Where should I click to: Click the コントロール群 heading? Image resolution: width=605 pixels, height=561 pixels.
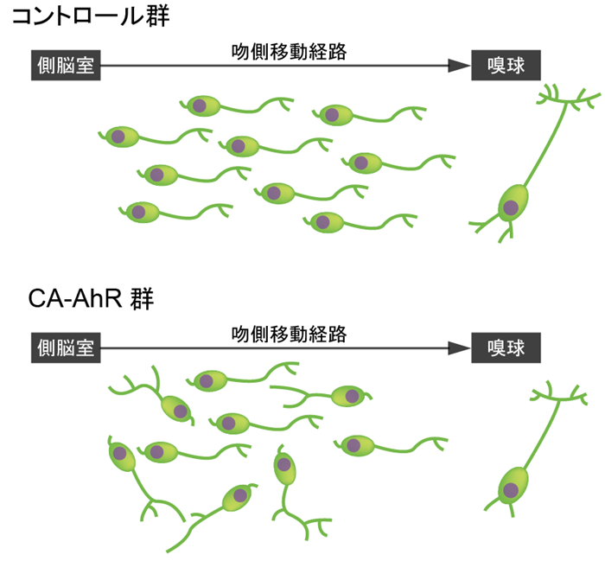coord(96,18)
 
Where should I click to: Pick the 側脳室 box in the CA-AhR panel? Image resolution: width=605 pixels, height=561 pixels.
coord(66,347)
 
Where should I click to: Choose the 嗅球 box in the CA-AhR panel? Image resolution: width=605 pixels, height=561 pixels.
coord(503,347)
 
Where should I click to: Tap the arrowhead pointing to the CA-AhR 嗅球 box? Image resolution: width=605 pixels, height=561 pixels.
coord(458,347)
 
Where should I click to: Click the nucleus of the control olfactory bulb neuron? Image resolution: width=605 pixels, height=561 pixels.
coord(511,207)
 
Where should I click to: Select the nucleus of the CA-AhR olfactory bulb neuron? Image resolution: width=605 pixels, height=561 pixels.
coord(511,490)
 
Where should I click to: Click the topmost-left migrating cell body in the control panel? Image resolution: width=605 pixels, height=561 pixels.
coord(200,106)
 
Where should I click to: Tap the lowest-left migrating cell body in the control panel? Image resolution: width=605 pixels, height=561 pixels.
coord(138,211)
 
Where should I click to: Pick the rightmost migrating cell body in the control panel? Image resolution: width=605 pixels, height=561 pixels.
coord(360,162)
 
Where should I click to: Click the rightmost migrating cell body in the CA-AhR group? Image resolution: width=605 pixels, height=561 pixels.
coord(354,444)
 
